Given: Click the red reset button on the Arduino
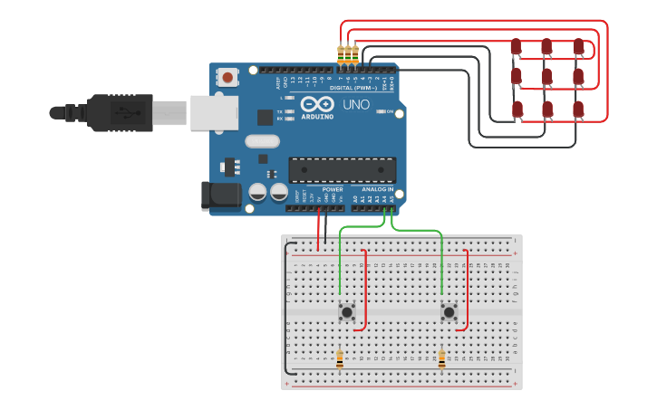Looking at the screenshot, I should click(227, 77).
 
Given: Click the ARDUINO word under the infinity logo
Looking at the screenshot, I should click(317, 117).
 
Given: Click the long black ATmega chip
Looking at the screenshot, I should click(342, 169).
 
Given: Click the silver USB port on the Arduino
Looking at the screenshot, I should click(214, 112).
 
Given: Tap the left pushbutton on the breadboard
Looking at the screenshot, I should click(347, 311).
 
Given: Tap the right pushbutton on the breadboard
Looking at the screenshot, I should click(449, 311).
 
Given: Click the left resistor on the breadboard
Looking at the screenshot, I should click(340, 359).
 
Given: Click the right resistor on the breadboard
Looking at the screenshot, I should click(441, 359).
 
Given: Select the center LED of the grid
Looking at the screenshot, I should click(546, 77).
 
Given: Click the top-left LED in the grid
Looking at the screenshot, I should click(516, 46).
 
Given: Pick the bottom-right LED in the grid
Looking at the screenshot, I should click(577, 109).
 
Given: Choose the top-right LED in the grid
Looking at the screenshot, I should click(577, 46).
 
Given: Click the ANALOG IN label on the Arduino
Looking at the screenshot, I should click(378, 189).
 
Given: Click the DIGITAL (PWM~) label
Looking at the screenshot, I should click(354, 88).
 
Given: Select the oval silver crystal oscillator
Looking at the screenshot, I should click(262, 140).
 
